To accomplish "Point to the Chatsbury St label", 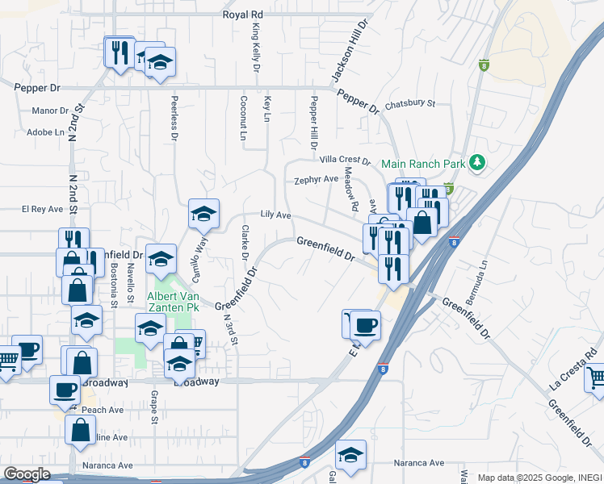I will click(x=409, y=103).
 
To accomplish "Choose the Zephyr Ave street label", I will click(x=316, y=179).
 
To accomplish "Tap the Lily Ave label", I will click(x=275, y=215).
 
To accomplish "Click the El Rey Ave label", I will click(x=42, y=209).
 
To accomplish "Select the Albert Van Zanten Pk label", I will click(x=173, y=301).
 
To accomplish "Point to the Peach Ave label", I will click(x=102, y=410).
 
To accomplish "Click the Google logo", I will click(x=27, y=474).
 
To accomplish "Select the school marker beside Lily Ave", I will click(x=203, y=214).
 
